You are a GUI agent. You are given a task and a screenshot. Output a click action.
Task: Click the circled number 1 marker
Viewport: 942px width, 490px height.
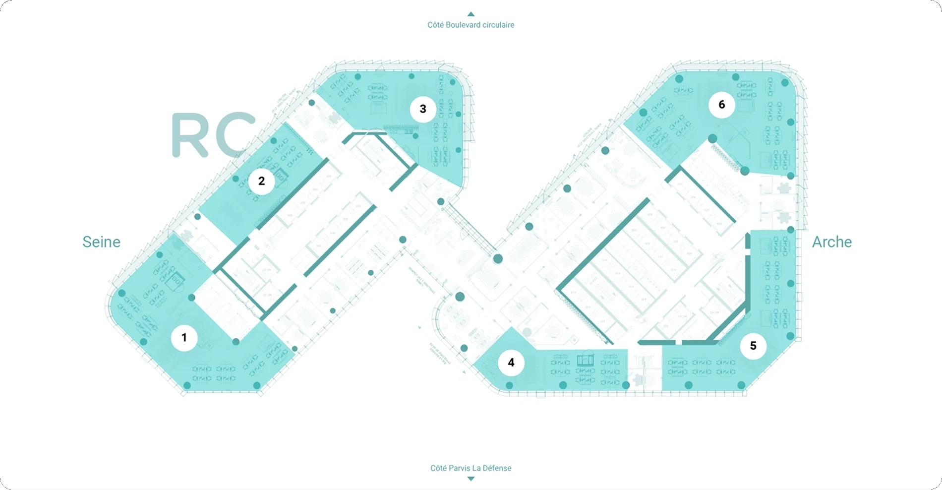[184, 338]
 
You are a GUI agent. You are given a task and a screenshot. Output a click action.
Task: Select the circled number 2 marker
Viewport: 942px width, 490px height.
[262, 181]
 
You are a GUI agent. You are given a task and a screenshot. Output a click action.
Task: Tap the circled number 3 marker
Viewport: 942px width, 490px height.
[423, 109]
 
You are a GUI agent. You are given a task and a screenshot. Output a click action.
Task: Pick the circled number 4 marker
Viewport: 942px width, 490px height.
[511, 363]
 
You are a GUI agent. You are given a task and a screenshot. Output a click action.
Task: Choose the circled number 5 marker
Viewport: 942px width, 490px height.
[753, 346]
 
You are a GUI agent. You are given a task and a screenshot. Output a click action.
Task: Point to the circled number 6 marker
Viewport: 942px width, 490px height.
[722, 105]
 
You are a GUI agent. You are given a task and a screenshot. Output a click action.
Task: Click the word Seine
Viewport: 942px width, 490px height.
[101, 242]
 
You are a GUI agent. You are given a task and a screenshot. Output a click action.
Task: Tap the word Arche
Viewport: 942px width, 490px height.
[832, 242]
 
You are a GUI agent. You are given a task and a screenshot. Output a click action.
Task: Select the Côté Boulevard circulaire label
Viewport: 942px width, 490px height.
[471, 25]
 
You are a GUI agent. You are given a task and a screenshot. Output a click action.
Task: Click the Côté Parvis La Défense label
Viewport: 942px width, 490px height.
[471, 468]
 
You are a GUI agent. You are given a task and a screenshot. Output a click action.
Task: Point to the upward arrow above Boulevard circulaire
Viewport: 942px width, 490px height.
[471, 14]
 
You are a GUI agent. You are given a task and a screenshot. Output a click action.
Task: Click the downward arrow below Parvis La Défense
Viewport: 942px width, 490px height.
[471, 479]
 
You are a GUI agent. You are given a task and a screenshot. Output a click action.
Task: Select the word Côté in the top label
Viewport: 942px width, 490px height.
[435, 25]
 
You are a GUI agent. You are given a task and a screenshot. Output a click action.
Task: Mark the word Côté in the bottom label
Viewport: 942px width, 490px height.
[438, 468]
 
